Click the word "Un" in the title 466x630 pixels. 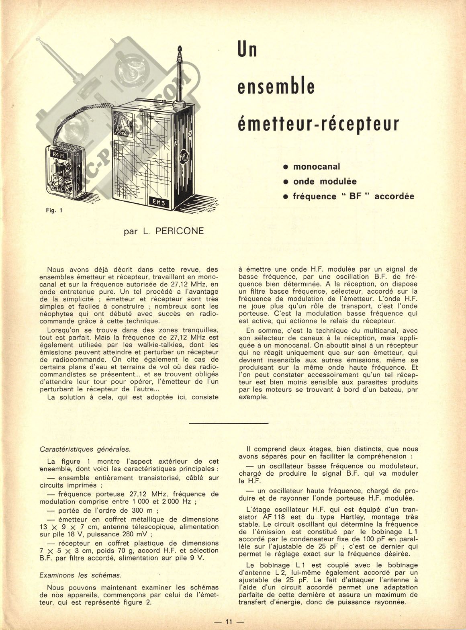click(x=247, y=50)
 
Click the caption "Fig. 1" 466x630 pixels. click(x=54, y=210)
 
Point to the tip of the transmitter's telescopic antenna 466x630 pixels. click(x=180, y=50)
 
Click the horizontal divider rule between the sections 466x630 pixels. click(x=228, y=423)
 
